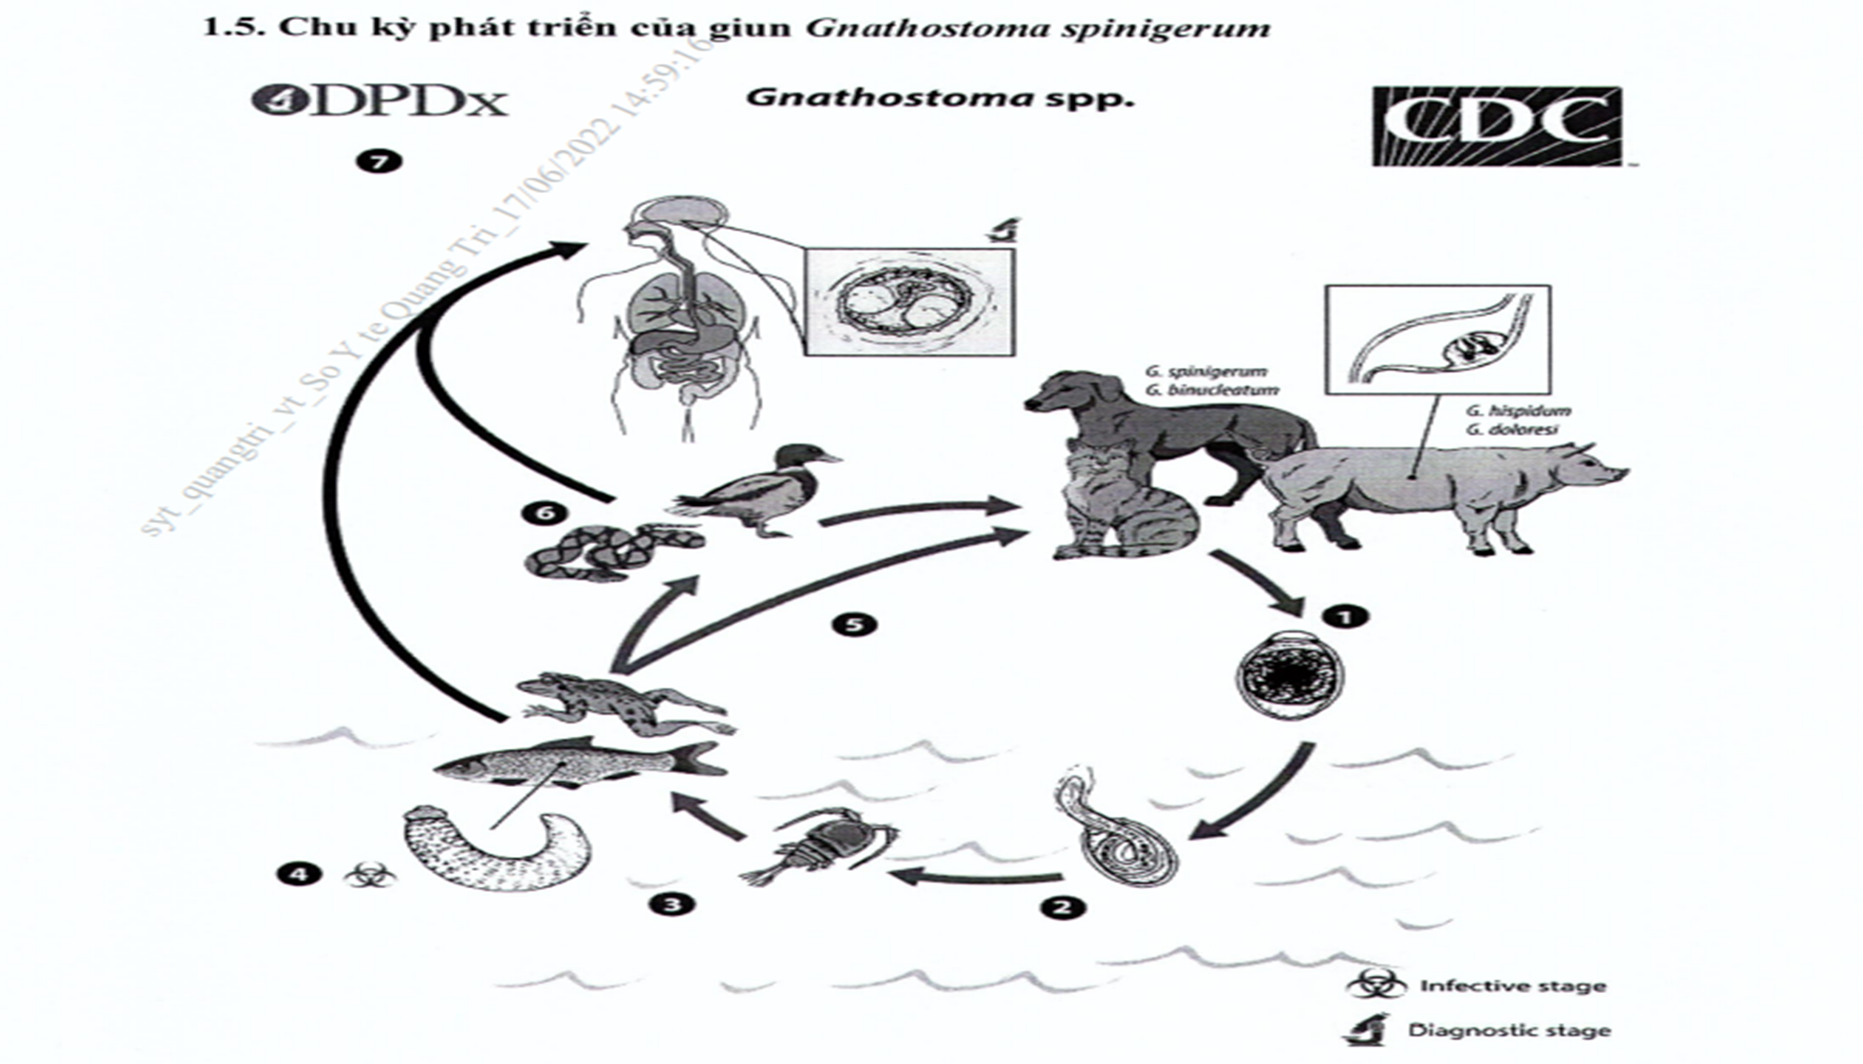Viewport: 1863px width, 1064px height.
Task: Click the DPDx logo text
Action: tap(380, 100)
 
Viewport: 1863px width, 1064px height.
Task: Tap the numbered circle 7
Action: tap(379, 162)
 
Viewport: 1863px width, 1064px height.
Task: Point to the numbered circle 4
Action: tap(299, 874)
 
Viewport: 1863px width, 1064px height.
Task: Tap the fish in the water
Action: tap(577, 761)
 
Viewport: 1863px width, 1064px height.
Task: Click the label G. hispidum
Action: tap(1518, 410)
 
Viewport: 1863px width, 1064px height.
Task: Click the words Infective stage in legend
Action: tap(1512, 986)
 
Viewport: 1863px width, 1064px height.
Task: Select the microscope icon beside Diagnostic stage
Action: tap(1367, 1029)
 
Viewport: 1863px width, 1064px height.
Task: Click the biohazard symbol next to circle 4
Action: tap(364, 875)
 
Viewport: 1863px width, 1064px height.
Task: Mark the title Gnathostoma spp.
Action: tap(940, 98)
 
